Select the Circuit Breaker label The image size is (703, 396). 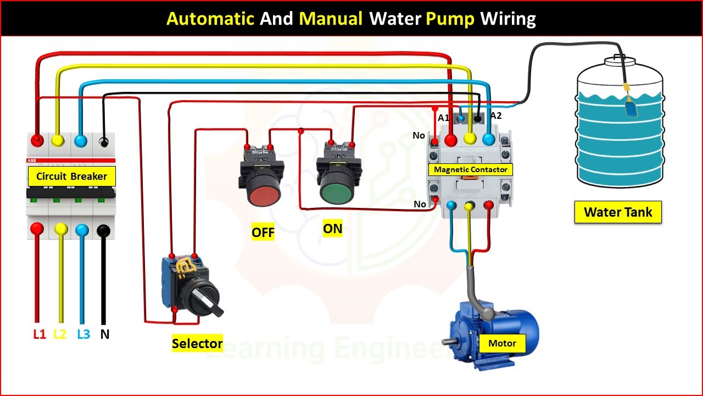click(x=71, y=177)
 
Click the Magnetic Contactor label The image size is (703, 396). click(x=471, y=169)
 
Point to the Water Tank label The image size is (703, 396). click(x=618, y=212)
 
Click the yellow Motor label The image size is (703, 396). click(x=502, y=343)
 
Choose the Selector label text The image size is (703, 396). click(x=197, y=344)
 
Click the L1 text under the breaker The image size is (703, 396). click(x=40, y=334)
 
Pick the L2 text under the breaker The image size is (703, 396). click(x=60, y=334)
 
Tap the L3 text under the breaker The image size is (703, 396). click(x=83, y=334)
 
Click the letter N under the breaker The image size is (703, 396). click(x=105, y=334)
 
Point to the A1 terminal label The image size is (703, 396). click(x=443, y=118)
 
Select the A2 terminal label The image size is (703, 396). click(x=496, y=116)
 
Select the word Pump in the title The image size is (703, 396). click(x=450, y=19)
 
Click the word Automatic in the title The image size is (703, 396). click(x=210, y=19)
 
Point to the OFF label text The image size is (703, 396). click(x=263, y=232)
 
